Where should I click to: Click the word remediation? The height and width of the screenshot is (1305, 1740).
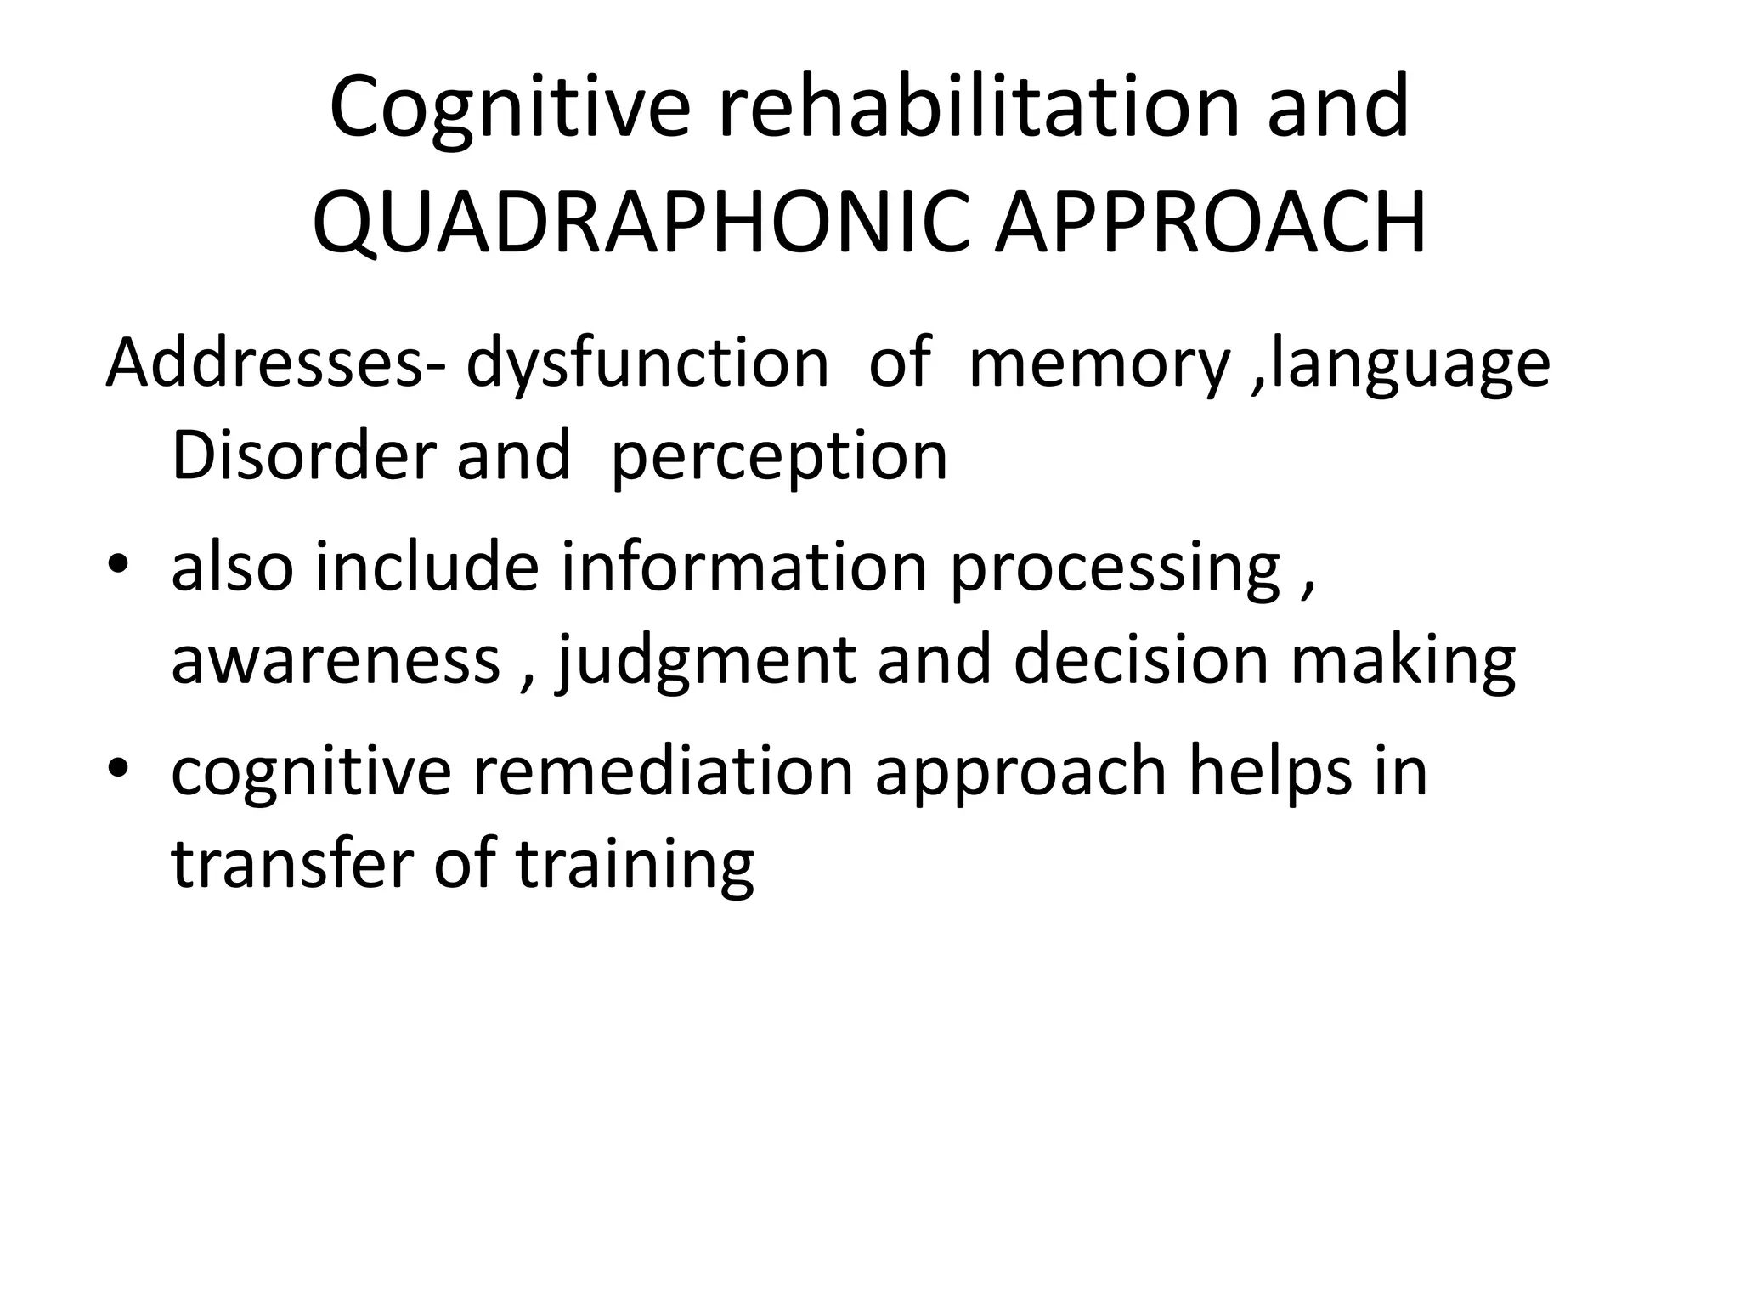point(662,770)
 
